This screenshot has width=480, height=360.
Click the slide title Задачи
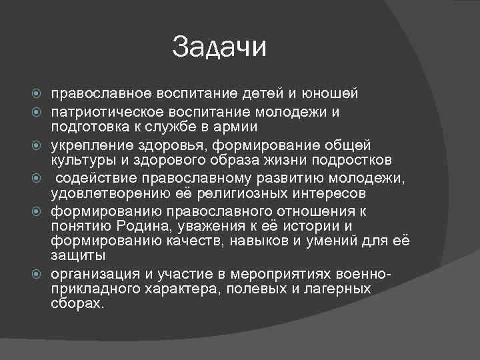click(219, 47)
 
